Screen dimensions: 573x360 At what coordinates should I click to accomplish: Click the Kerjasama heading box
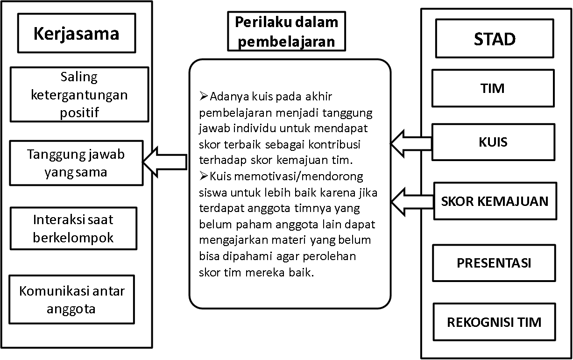77,33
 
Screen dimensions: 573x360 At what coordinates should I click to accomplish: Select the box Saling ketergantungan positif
79,94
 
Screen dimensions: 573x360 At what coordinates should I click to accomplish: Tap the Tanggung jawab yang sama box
76,163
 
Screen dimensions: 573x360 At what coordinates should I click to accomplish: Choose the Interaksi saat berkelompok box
74,228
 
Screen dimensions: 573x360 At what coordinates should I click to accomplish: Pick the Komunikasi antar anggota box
72,299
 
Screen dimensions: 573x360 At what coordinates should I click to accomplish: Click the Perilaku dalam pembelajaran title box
287,31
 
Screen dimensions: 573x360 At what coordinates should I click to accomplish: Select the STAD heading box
495,38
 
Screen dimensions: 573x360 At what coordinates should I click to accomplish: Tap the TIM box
493,88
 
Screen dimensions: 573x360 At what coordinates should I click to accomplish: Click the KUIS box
493,142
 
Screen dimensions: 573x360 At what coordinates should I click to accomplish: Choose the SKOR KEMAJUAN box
495,201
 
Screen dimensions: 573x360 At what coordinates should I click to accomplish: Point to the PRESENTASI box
494,263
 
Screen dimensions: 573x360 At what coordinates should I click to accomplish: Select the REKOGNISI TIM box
494,322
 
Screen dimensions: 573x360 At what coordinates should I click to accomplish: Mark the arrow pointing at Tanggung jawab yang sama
165,162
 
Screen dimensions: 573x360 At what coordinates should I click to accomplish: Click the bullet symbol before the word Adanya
204,96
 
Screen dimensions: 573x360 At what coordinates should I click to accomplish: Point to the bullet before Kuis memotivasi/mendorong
204,176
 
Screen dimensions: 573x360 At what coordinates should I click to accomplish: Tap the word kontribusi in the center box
334,144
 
